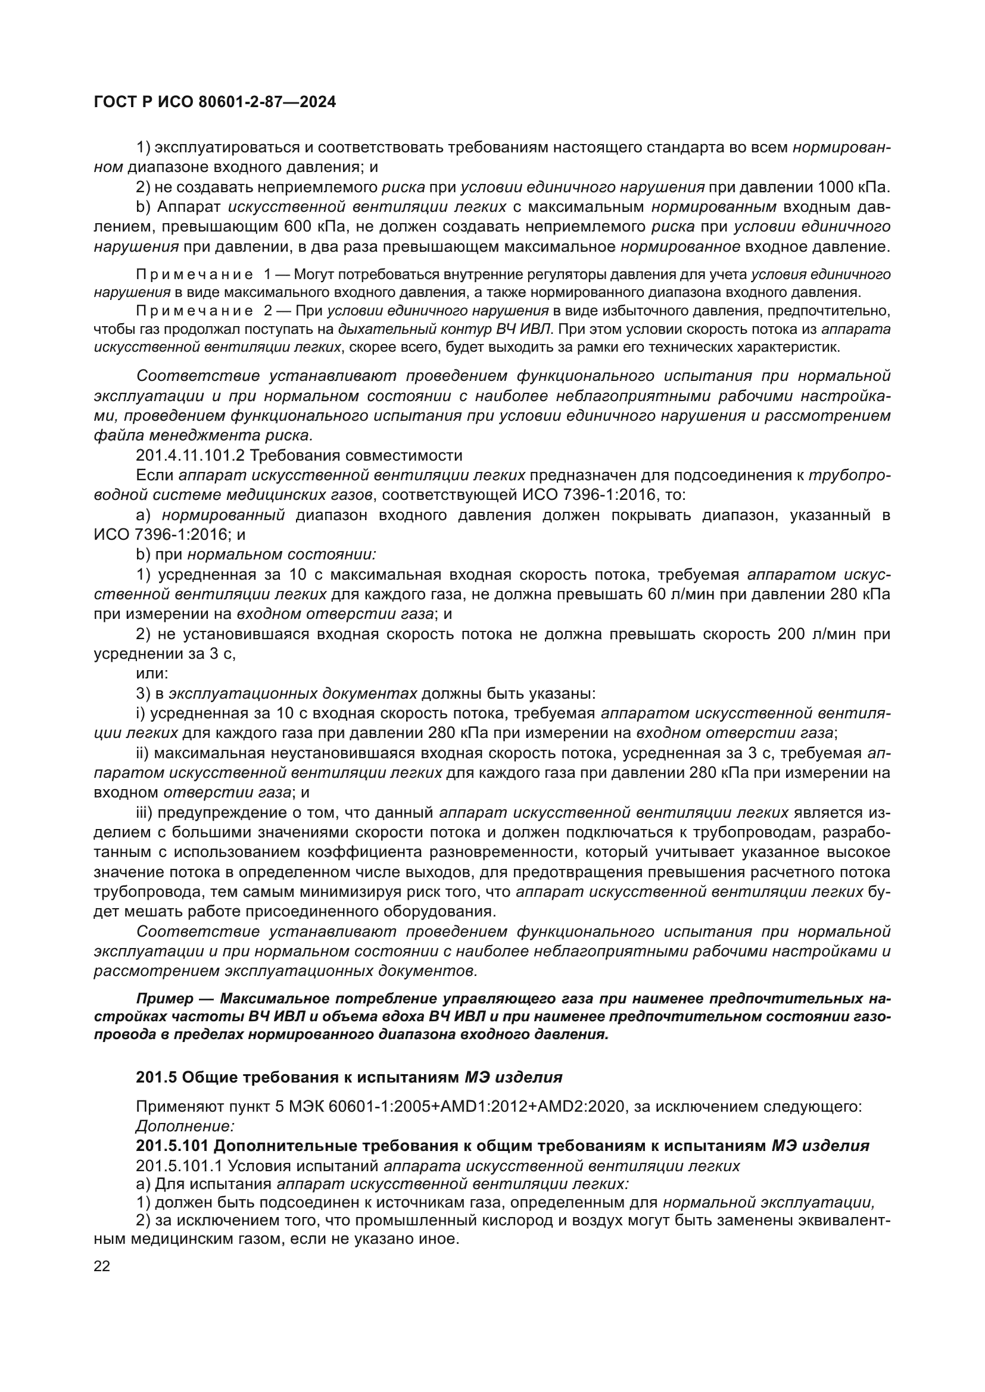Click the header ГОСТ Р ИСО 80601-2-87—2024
pos(215,102)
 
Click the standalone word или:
pos(152,674)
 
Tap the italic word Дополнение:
pos(185,1126)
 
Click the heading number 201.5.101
pos(172,1146)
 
